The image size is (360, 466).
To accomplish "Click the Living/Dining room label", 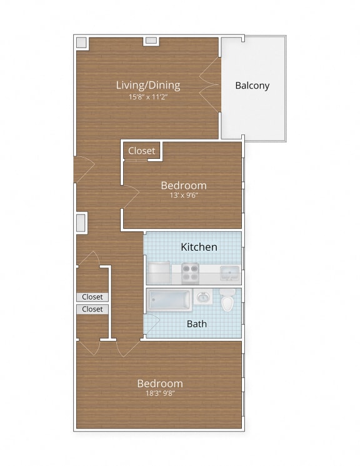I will pos(148,85).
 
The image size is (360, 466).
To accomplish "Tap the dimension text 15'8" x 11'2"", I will pos(148,97).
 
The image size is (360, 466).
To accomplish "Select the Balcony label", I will pos(252,86).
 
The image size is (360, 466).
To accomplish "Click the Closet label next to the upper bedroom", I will pos(141,151).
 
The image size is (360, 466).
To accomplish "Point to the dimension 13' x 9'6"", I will pos(183,195).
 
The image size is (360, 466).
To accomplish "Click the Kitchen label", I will pos(199,247).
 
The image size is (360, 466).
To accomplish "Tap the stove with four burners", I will pos(190,273).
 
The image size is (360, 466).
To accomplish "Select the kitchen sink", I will pos(229,273).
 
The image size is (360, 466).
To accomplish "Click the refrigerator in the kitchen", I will pos(160,273).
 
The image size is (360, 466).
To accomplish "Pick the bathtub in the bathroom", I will pos(169,300).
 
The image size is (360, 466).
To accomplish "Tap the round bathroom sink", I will pos(203,298).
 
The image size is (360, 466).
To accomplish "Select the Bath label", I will pos(197,324).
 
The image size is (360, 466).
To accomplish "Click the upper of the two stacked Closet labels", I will pos(92,297).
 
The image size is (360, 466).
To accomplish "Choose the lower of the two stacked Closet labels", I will pos(92,309).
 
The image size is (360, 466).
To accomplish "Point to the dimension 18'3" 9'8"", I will pos(160,393).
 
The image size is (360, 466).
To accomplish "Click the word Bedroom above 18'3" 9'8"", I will pos(160,383).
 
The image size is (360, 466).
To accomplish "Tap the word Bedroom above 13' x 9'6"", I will pos(183,185).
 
